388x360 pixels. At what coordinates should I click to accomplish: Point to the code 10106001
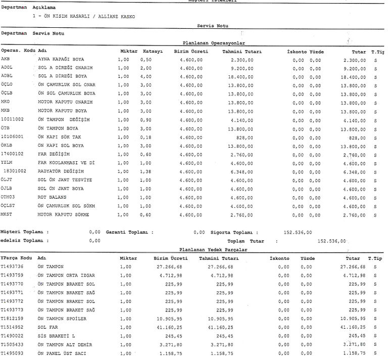(x=12, y=137)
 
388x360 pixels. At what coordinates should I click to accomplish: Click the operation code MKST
(x=7, y=214)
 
